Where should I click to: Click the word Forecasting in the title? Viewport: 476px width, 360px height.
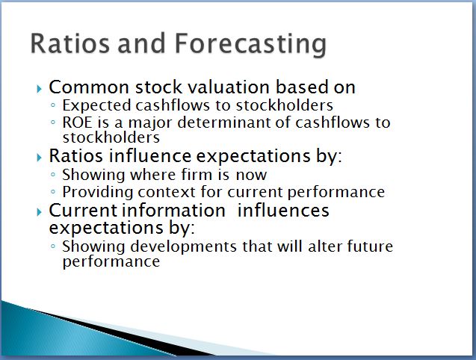pos(250,45)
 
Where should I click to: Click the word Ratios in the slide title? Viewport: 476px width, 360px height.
pos(69,43)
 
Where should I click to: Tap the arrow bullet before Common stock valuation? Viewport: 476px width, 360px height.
pos(39,89)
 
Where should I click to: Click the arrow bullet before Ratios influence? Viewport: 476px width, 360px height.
pos(39,158)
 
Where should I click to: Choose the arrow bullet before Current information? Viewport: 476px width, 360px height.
pos(39,212)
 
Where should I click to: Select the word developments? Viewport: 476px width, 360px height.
pos(183,247)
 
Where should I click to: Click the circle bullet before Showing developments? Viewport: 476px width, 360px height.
pos(53,246)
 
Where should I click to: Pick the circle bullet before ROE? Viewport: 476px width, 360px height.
pos(53,122)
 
